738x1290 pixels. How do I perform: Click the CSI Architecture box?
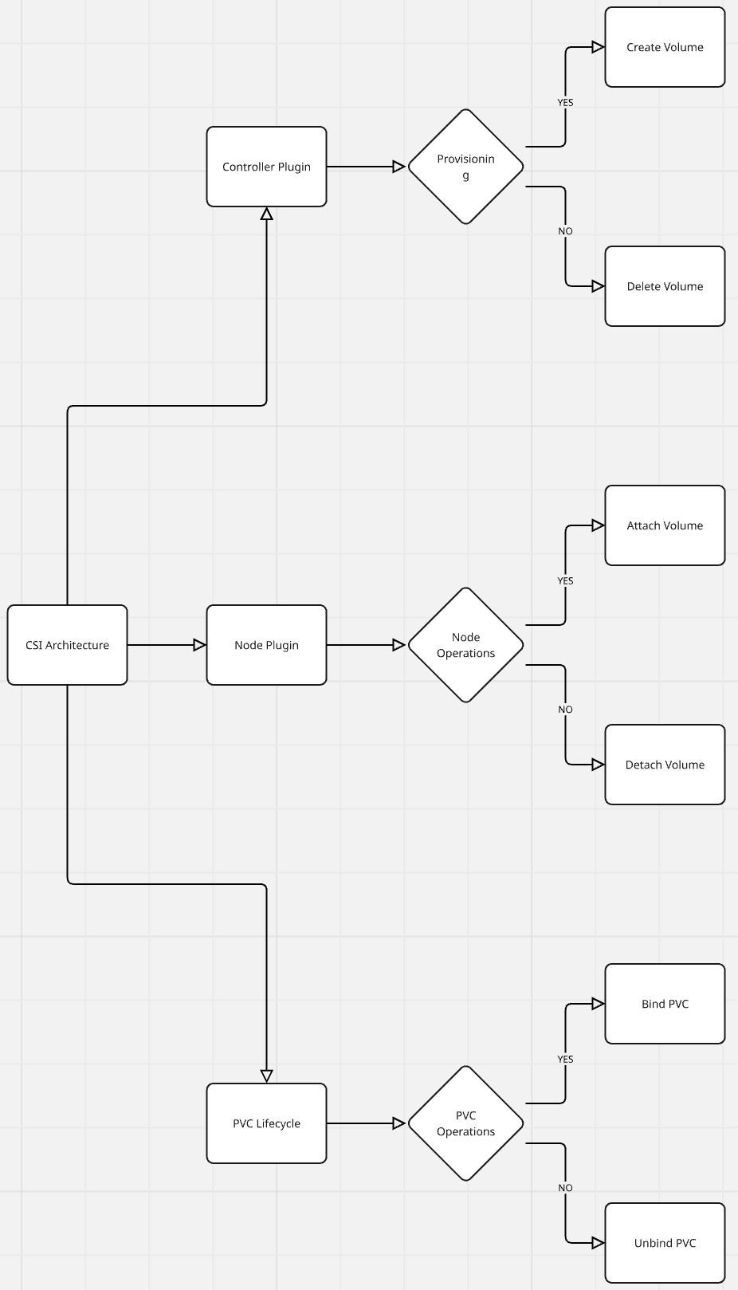click(68, 645)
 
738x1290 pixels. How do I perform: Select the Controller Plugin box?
click(266, 167)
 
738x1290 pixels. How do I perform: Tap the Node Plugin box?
click(266, 645)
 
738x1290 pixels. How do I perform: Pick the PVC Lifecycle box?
click(266, 1123)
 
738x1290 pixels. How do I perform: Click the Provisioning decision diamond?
click(465, 167)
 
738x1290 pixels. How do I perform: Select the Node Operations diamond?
click(465, 645)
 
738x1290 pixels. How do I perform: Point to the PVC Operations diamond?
click(465, 1123)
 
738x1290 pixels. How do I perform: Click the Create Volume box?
click(665, 47)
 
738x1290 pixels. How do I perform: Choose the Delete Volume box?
click(665, 286)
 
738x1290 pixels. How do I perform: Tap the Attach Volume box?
click(665, 525)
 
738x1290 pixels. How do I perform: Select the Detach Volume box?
click(665, 765)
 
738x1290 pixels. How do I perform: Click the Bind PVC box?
click(665, 1004)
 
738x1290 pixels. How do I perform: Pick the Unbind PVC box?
click(665, 1243)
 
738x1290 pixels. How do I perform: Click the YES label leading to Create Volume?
click(565, 103)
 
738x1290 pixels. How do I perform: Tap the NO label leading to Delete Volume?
click(565, 231)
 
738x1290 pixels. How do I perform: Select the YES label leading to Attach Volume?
click(565, 580)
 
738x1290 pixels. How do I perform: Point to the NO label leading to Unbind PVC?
click(565, 1187)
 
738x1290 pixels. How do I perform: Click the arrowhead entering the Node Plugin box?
click(200, 645)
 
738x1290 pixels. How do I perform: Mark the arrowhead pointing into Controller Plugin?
click(266, 214)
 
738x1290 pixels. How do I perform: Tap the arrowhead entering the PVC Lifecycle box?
click(266, 1076)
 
